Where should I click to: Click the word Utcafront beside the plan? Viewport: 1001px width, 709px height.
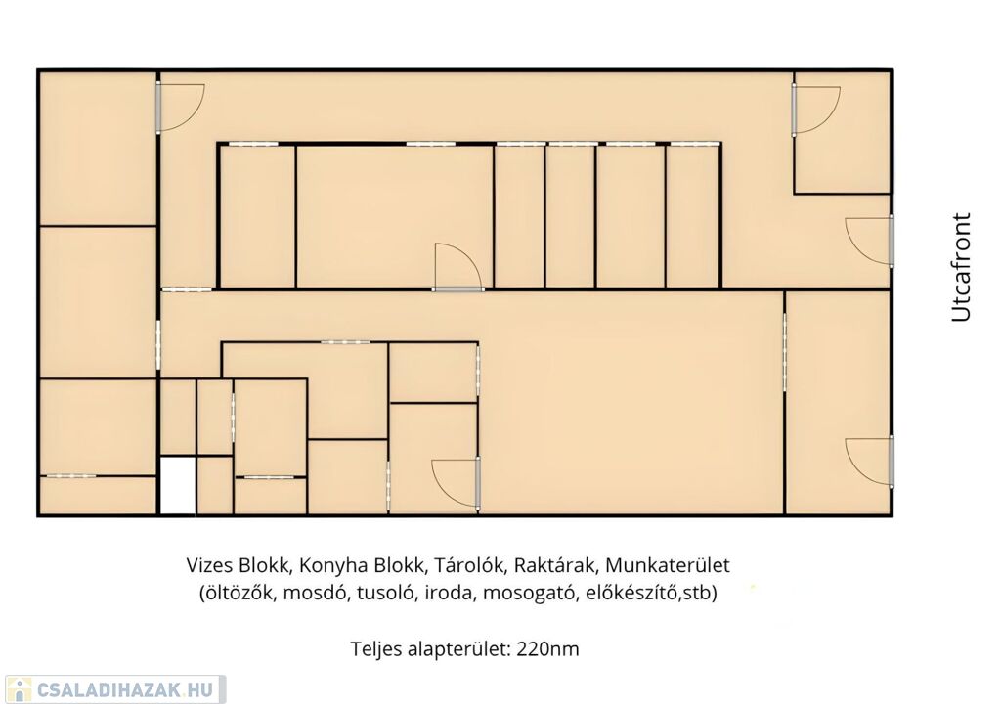(961, 267)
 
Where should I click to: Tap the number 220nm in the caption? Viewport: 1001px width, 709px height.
(547, 649)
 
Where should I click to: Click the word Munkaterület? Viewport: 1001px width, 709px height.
(667, 565)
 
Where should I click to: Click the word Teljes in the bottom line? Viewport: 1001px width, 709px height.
(375, 649)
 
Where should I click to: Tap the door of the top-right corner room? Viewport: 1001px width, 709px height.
(816, 111)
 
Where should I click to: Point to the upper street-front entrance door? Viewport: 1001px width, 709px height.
(868, 241)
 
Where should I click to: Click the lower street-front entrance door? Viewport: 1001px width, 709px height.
(868, 463)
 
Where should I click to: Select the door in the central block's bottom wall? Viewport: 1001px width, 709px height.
(458, 267)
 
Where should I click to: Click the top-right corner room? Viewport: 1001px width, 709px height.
(843, 133)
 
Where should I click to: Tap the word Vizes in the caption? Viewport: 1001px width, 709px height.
(209, 565)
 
